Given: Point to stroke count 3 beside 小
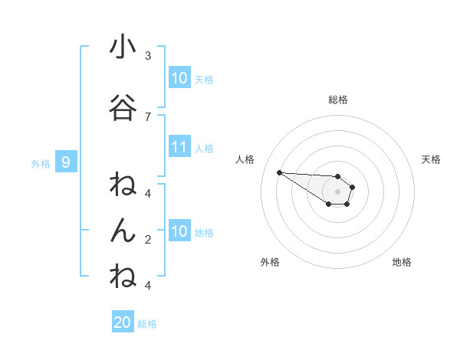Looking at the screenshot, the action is coord(148,56).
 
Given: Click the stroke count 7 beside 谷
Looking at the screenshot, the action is coord(148,116).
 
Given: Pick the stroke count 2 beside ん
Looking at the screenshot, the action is coord(148,239).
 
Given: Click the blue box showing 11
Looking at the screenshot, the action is coord(179,147).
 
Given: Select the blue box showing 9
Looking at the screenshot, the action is coord(67,162).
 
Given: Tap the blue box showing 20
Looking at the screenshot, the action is coord(123,322).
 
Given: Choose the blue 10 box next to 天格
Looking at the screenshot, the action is coord(179,78).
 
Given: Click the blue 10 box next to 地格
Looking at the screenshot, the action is coord(179,231).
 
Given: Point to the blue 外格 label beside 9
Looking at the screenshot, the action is coord(41,163).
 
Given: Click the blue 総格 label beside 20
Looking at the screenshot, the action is coord(147,324).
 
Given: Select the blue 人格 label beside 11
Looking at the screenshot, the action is coord(204,149).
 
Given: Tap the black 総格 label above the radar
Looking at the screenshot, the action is coord(338,100).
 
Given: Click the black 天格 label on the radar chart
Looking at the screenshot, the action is coord(431,159).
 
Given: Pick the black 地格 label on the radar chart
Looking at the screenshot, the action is coord(402,262).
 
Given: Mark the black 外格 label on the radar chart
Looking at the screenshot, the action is coord(270,262).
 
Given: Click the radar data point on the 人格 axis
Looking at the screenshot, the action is coord(279,172).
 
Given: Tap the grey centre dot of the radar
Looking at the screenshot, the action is coord(337,191).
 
